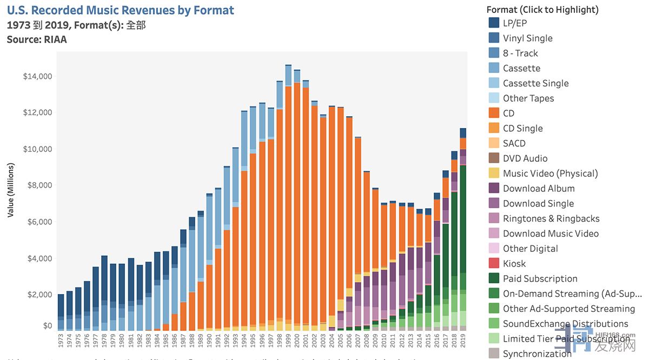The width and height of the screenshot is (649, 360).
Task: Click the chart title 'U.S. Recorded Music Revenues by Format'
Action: click(121, 10)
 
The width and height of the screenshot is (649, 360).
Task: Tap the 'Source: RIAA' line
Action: click(37, 39)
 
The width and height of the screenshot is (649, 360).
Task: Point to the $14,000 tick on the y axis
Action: click(37, 76)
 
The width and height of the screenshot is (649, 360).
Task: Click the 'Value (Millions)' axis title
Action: click(11, 190)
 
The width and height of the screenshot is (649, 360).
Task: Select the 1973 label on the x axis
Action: click(61, 340)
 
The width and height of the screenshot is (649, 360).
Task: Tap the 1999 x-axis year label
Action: click(288, 340)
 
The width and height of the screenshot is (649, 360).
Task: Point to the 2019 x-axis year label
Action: click(463, 340)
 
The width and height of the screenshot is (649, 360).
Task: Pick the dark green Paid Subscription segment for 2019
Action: click(463, 216)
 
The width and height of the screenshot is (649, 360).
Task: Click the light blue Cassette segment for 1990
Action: click(209, 227)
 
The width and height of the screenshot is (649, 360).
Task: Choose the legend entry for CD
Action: click(508, 114)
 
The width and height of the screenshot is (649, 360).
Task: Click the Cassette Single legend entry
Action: click(535, 83)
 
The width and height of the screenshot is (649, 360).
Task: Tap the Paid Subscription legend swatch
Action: click(494, 279)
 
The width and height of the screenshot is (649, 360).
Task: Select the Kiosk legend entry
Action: click(514, 264)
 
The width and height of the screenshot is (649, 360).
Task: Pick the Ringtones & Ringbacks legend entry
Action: click(551, 218)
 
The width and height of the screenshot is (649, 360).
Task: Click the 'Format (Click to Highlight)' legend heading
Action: click(542, 10)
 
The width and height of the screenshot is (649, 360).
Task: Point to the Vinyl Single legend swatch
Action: click(494, 38)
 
